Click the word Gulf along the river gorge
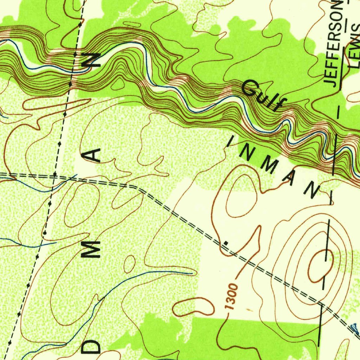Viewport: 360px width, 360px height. [263, 95]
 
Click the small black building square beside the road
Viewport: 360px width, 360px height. [226, 242]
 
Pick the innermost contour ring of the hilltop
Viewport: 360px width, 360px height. [320, 265]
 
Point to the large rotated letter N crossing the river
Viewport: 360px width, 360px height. [92, 60]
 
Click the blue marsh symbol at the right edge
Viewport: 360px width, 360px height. [355, 329]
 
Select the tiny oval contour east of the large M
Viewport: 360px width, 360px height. [130, 264]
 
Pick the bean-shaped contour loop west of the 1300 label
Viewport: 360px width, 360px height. [193, 307]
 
